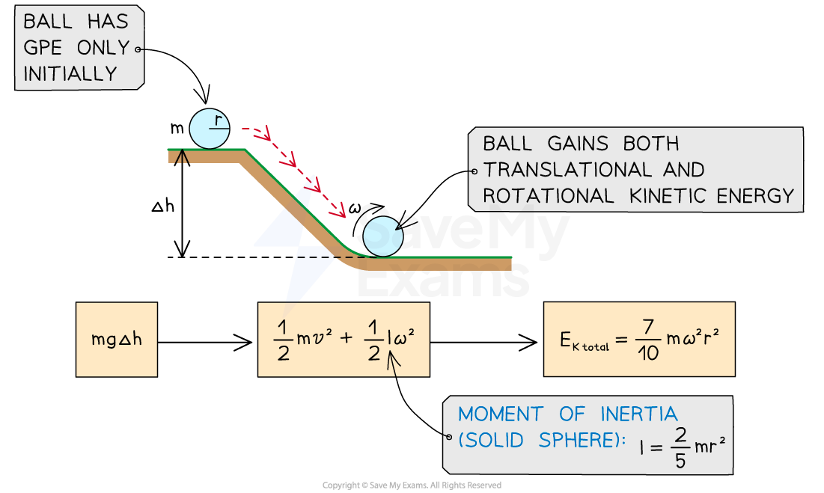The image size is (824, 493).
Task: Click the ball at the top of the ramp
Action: [x=209, y=129]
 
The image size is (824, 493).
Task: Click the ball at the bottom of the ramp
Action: [x=382, y=236]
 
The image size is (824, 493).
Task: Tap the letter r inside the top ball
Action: [x=218, y=120]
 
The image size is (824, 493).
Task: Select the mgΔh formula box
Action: [x=117, y=339]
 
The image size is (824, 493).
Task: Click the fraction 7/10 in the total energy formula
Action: [x=649, y=339]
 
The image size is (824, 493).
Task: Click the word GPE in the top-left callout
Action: [x=46, y=49]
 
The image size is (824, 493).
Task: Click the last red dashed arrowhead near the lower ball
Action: [x=341, y=211]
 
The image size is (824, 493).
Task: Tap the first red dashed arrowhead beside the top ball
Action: [x=263, y=135]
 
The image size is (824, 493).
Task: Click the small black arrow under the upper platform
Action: [x=180, y=157]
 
